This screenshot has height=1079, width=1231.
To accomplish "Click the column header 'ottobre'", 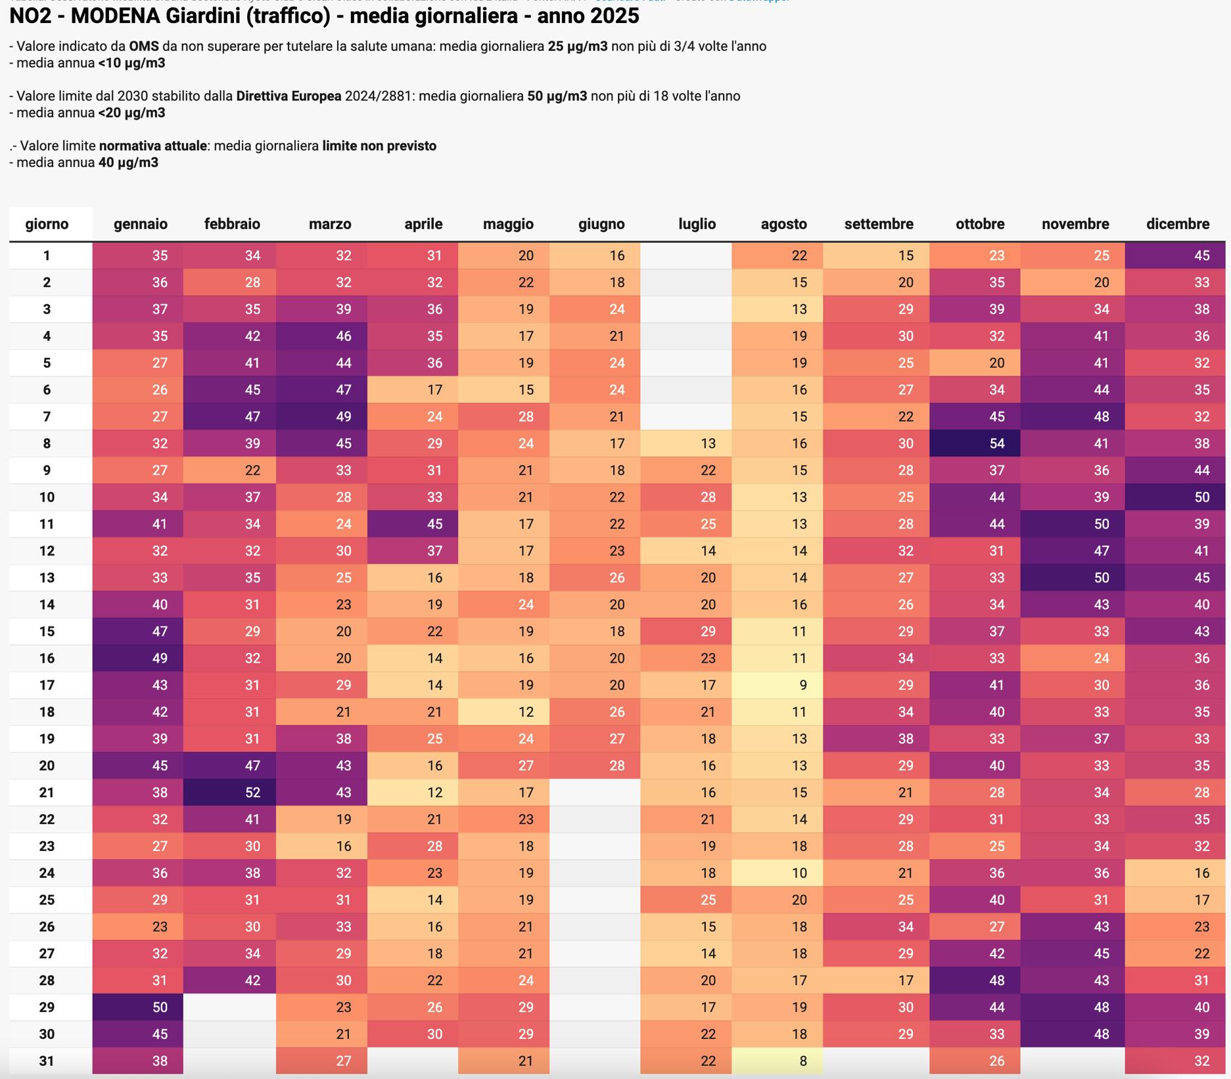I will pos(979,224).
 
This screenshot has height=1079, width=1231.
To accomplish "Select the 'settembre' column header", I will pos(878,224).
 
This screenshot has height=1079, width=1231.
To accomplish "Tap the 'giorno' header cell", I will pos(47,224).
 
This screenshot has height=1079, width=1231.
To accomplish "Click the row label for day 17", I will pos(47,685).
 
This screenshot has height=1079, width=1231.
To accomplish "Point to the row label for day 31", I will pos(47,1061).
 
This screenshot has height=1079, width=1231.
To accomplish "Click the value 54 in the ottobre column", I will pos(975,443).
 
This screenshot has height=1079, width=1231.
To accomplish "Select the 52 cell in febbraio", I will pos(229,793).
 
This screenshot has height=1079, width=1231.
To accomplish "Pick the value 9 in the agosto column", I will pos(778,685).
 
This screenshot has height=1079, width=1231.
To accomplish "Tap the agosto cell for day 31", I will pos(778,1061).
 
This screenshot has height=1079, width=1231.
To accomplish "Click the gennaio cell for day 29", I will pos(138,1007).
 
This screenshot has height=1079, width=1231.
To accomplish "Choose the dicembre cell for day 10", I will pos(1175,497).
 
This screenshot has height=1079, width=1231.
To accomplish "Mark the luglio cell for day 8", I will pos(686,443).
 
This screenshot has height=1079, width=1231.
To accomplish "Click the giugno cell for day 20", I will pos(595,766).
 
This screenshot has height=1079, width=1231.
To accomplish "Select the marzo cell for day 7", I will pos(321,416).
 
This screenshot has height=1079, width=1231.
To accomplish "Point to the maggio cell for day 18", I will pos(504,712).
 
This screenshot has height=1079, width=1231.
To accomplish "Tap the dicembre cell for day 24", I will pos(1175,873).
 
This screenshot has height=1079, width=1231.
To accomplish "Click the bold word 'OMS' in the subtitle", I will pos(143,47).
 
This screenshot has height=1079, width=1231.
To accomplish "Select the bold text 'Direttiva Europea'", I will pos(289,97).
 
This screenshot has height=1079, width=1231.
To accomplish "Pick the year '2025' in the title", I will pos(613,16).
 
